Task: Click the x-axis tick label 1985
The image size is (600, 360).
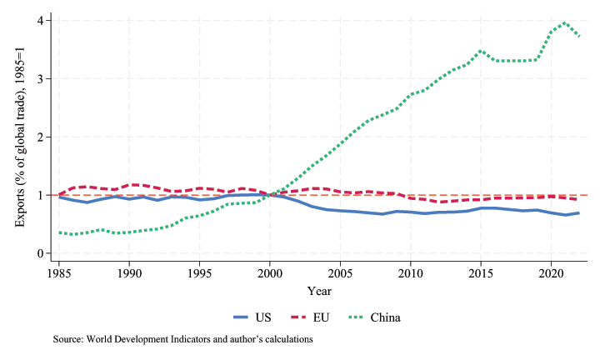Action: [x=58, y=273]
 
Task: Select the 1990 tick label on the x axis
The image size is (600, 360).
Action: [x=129, y=273]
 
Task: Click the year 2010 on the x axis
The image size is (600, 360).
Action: [x=409, y=273]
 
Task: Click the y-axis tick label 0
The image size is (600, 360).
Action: [x=40, y=253]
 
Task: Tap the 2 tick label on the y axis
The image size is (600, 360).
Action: [x=40, y=137]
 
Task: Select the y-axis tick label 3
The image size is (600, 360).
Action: [x=40, y=78]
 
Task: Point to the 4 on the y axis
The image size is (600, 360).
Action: [x=40, y=20]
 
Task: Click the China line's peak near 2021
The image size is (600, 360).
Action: [x=565, y=22]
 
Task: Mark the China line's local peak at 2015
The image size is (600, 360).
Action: [x=480, y=51]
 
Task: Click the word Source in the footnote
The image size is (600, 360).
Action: [x=70, y=340]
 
